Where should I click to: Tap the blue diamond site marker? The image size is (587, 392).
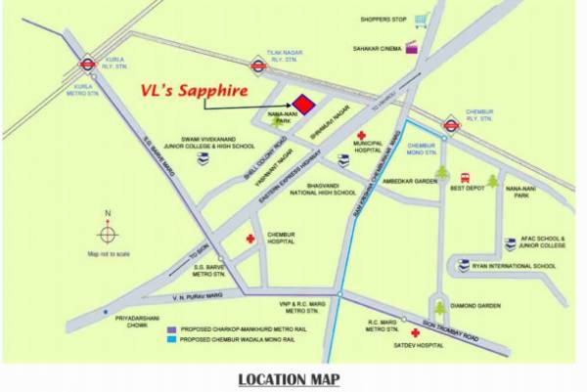coord(304,104)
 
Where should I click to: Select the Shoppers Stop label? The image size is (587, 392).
coord(383,18)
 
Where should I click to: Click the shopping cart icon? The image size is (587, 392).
coord(421,19)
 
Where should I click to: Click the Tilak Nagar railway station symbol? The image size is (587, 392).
coord(258,66)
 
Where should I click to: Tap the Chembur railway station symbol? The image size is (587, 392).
coord(451,124)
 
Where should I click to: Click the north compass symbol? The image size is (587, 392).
coord(108,234)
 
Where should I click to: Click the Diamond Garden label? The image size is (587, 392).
coord(478,306)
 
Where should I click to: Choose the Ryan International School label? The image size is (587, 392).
coord(515,266)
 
